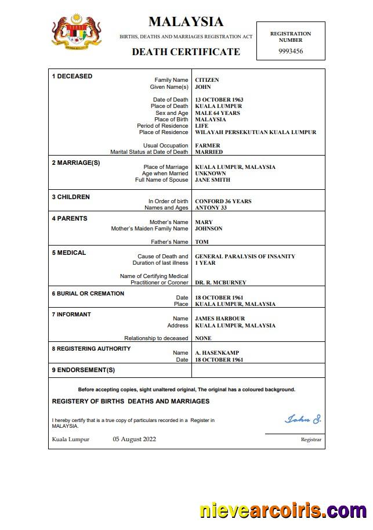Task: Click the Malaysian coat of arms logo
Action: coord(77,32)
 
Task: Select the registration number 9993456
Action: coord(291,52)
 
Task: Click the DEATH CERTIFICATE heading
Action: coord(186,52)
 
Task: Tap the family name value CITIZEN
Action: coord(207,80)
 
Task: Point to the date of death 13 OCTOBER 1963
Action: coord(219,100)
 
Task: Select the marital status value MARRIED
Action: coord(209,152)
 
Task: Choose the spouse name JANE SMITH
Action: coord(212,180)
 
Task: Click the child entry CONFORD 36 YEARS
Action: coord(223,201)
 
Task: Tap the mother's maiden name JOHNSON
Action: coord(209,229)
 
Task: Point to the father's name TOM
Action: coord(202,242)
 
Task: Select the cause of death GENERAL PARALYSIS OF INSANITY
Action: coord(245,257)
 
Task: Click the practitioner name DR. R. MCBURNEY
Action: coord(220,283)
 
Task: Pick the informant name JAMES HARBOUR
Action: coord(220,319)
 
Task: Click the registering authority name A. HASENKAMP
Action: coord(217,353)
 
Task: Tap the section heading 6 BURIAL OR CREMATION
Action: coord(88,294)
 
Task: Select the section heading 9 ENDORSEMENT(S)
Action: coord(84,370)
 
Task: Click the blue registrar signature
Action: coord(303,419)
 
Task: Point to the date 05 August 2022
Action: coord(134,439)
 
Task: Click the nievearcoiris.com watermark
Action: coord(283,511)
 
